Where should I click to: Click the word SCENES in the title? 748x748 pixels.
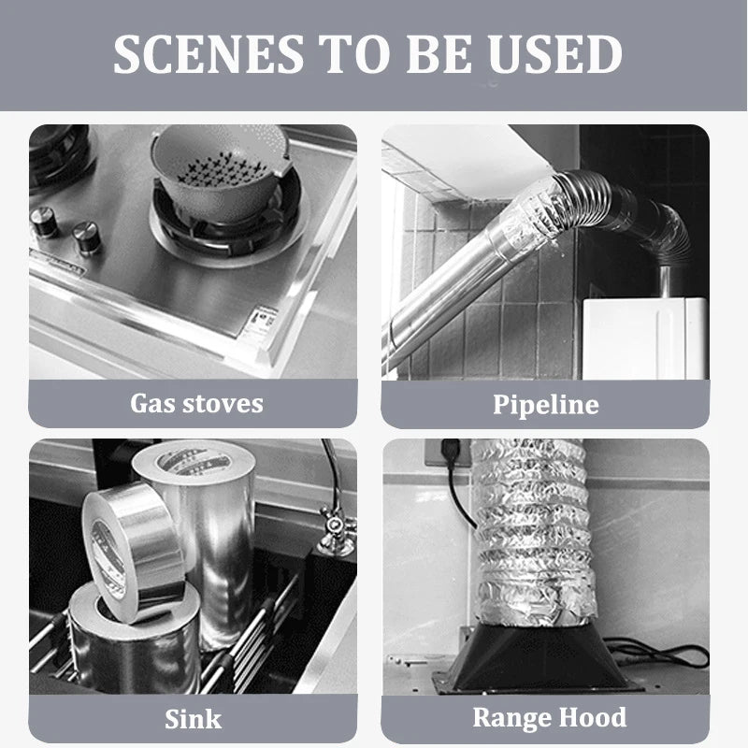(x=209, y=54)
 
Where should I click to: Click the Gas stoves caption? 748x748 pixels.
(x=196, y=404)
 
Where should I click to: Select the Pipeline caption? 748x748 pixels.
(x=546, y=405)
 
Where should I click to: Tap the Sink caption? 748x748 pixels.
(x=194, y=719)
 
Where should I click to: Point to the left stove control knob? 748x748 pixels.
(x=44, y=222)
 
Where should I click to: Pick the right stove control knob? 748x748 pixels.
(x=86, y=237)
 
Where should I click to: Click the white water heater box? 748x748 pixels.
(x=645, y=338)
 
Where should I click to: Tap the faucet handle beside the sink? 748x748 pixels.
(x=337, y=529)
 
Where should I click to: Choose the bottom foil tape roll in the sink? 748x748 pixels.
(x=135, y=641)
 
